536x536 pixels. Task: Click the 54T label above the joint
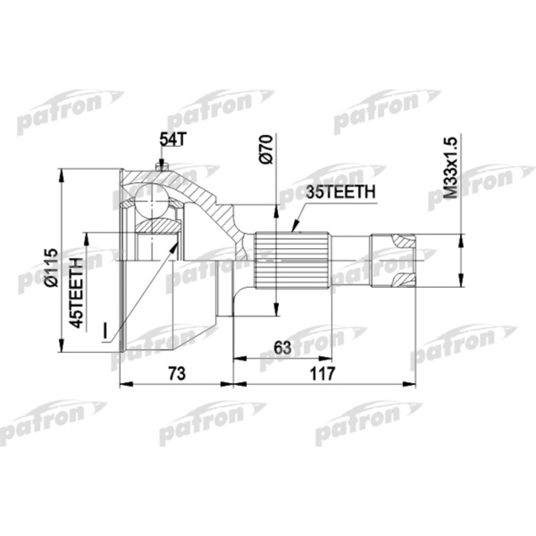[x=172, y=139]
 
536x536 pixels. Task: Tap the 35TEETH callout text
[x=340, y=193]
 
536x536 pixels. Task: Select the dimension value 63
[x=283, y=348]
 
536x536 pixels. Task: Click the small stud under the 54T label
[x=162, y=165]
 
